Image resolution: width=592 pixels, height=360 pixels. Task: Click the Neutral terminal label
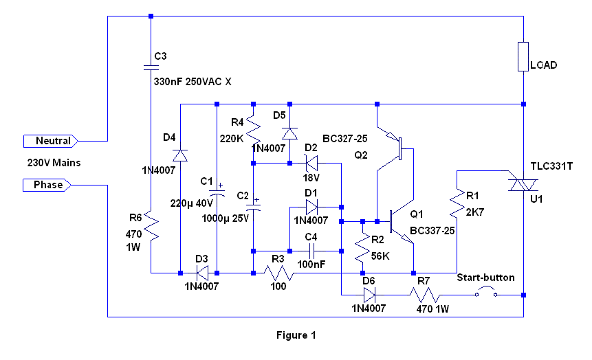(52, 141)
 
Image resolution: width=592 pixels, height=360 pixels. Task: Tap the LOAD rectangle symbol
(523, 57)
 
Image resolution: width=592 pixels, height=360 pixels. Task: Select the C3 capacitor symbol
(151, 67)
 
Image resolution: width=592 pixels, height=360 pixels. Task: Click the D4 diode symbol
(180, 156)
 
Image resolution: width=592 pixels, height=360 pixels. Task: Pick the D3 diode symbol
(200, 273)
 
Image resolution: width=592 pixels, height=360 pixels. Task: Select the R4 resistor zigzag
(253, 128)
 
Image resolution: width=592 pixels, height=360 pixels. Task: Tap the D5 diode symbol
(289, 133)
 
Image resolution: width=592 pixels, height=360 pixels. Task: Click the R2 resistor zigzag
(362, 249)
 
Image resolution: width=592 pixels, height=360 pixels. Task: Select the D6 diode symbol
(370, 295)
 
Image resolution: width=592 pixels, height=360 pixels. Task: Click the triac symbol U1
(523, 184)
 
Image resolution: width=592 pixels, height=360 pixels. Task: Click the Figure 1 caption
(296, 336)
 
